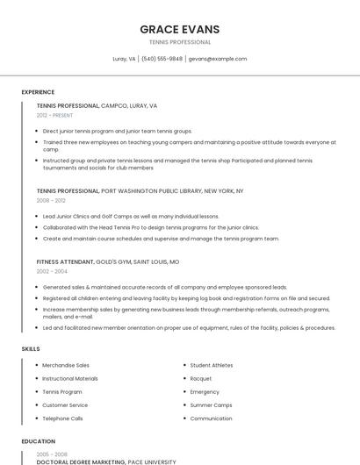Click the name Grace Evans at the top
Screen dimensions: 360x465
click(x=180, y=29)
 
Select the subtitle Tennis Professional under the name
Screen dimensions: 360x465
click(x=180, y=42)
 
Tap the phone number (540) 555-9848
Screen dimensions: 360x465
click(x=162, y=59)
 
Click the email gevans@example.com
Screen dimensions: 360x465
click(x=218, y=59)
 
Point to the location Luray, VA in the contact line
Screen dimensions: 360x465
click(x=124, y=59)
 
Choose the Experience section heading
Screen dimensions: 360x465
click(x=38, y=91)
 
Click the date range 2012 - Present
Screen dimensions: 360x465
click(x=54, y=115)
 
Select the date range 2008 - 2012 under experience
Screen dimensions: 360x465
click(x=51, y=200)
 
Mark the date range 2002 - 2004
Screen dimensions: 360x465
click(x=51, y=271)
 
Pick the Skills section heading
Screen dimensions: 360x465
click(x=31, y=348)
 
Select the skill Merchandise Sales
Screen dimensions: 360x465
click(x=66, y=365)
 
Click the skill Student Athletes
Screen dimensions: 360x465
click(x=212, y=365)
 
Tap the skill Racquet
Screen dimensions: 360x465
click(x=201, y=378)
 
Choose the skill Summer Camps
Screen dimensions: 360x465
click(x=211, y=405)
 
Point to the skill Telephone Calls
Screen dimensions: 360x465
click(x=63, y=418)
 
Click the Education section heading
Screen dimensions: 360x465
click(x=38, y=441)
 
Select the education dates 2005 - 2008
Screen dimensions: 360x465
click(x=51, y=454)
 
